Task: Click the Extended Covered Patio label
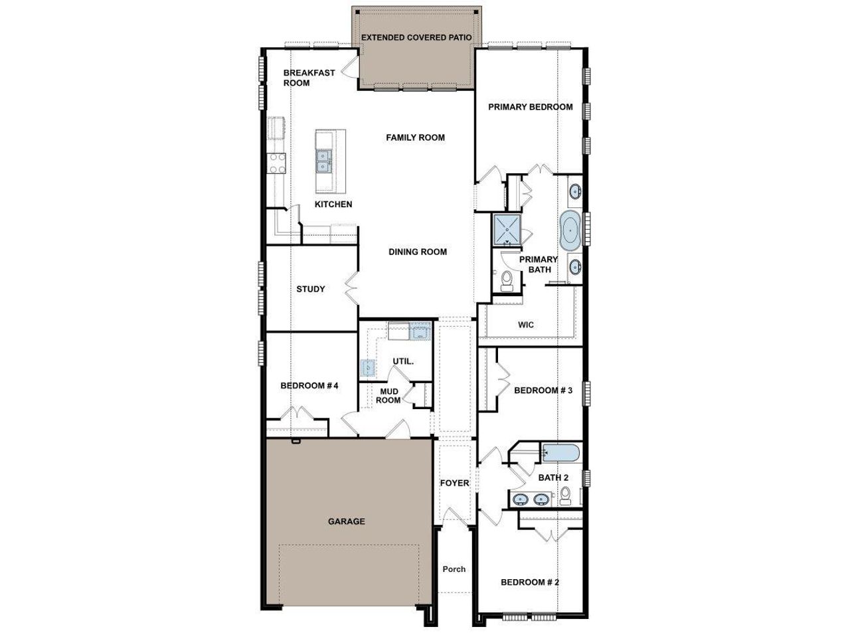tap(416, 37)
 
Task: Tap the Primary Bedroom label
tap(530, 106)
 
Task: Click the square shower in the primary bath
tap(508, 229)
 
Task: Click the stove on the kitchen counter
tap(276, 162)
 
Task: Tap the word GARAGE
tap(347, 521)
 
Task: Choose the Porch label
tap(454, 569)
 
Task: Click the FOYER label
tap(454, 483)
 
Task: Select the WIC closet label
tap(526, 325)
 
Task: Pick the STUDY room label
tap(311, 289)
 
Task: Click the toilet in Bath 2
tap(566, 496)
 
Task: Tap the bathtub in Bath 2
tap(559, 454)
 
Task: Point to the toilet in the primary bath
tap(507, 280)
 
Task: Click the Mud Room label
tap(389, 396)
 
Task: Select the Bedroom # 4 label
tap(309, 385)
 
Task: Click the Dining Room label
tap(418, 252)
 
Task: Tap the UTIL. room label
tap(403, 361)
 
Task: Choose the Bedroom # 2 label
tap(530, 582)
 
